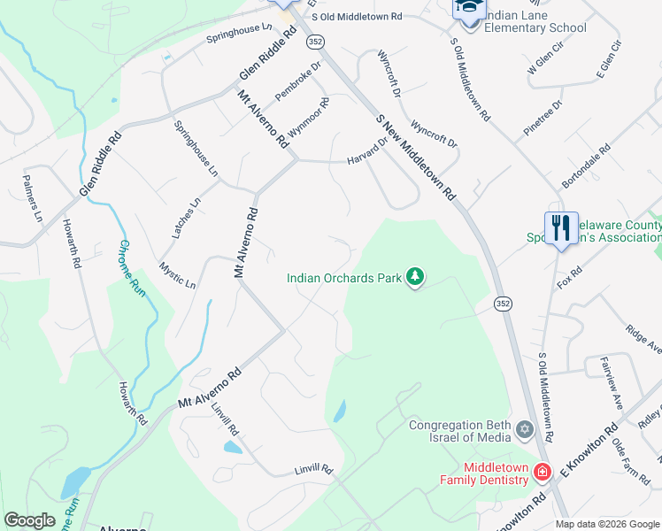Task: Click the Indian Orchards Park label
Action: point(343,278)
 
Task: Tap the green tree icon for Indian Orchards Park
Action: point(414,278)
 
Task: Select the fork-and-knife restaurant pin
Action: point(561,228)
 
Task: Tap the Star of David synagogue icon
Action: point(525,431)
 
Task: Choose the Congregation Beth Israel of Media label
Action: point(460,431)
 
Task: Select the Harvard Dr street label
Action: point(367,151)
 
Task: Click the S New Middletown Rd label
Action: point(415,157)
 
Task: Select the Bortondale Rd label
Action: point(586,167)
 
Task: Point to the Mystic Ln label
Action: point(177,273)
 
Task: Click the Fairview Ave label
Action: point(613,381)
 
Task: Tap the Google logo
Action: point(30,520)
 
